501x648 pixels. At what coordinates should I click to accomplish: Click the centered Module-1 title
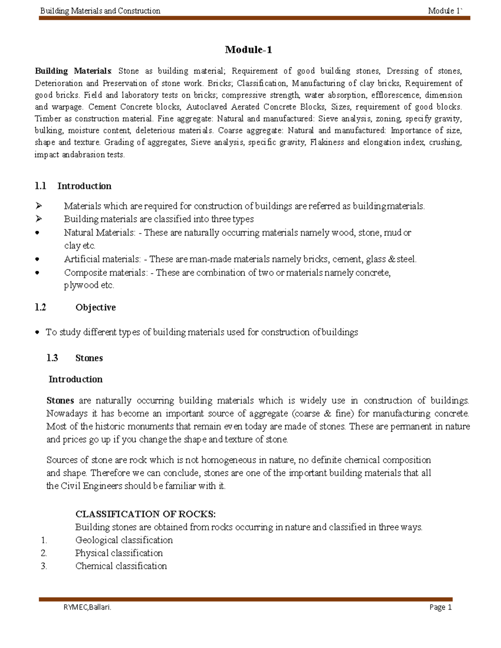click(248, 50)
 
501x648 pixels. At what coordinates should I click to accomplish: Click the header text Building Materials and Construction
click(100, 11)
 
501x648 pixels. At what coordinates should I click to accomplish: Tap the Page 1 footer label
click(440, 607)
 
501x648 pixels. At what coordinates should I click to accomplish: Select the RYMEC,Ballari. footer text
click(87, 607)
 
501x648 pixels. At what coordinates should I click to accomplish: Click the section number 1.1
click(40, 186)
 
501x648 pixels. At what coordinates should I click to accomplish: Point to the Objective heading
click(95, 308)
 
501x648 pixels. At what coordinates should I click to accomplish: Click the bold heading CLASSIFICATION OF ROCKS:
click(145, 514)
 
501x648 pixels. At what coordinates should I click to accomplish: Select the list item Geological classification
click(124, 540)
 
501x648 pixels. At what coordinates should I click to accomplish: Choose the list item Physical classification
click(119, 553)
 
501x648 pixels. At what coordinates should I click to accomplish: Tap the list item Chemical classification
click(121, 566)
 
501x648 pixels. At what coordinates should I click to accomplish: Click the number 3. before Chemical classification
click(44, 566)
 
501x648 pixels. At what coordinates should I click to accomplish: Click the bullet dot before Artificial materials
click(38, 260)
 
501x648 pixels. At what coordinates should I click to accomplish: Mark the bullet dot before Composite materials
click(38, 273)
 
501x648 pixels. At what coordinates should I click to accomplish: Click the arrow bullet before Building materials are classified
click(39, 219)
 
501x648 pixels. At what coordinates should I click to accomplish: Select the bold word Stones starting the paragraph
click(60, 401)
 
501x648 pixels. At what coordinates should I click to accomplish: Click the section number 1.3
click(52, 358)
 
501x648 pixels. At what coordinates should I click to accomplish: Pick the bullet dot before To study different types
click(38, 333)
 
